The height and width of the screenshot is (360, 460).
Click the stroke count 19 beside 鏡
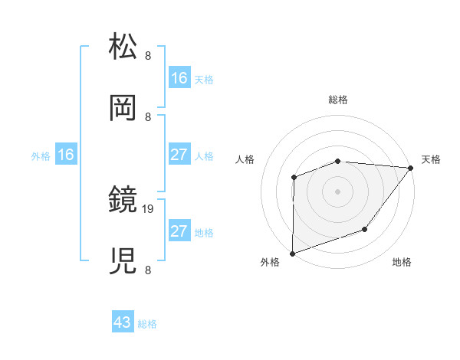(x=149, y=208)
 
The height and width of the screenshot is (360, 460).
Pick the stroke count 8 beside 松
(x=148, y=55)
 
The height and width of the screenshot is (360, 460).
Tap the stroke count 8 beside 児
(x=148, y=270)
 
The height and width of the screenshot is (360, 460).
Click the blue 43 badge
(x=123, y=322)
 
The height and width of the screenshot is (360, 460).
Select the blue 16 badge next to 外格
(x=66, y=155)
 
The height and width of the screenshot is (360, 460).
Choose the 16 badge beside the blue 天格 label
(x=179, y=78)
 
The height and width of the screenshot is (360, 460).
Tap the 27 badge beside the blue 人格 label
(x=179, y=155)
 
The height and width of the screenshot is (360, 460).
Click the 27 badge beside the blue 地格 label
(x=179, y=231)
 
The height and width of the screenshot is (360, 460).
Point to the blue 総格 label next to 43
(x=148, y=324)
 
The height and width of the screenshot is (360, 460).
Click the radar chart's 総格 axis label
(x=338, y=100)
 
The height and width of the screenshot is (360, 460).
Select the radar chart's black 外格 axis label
(x=270, y=262)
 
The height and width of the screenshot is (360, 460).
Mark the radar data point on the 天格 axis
(x=410, y=168)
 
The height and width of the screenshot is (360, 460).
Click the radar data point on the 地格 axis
(x=365, y=229)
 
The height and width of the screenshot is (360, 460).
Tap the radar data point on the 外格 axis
(x=293, y=253)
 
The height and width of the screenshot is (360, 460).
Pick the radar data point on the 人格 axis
(x=294, y=177)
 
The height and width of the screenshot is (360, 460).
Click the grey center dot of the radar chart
(x=337, y=191)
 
